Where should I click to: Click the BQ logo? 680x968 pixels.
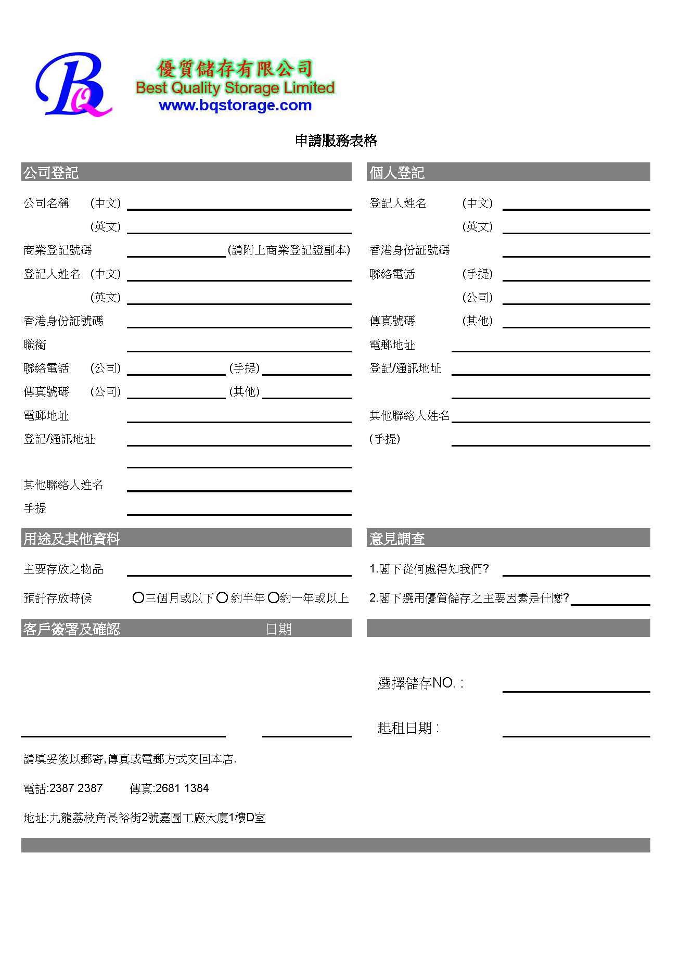click(73, 85)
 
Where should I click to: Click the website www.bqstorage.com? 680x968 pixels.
click(235, 105)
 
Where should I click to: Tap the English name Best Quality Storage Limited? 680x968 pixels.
click(235, 87)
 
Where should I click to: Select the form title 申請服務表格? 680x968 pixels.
click(336, 141)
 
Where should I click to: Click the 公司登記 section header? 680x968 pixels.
click(51, 172)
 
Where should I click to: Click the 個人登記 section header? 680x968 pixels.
click(397, 172)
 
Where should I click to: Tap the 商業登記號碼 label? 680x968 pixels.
click(58, 250)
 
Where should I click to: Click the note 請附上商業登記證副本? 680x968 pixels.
click(289, 250)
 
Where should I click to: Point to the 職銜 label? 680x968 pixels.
click(35, 345)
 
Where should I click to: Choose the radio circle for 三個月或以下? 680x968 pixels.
click(138, 598)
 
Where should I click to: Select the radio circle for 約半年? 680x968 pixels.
click(222, 598)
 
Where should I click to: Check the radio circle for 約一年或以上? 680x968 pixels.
click(274, 598)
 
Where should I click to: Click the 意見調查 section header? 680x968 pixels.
click(397, 539)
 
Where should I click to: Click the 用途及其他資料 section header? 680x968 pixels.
click(72, 539)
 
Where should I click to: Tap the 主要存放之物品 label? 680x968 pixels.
click(63, 569)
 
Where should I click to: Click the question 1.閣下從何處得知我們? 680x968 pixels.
click(429, 569)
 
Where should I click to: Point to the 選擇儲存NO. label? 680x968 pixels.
click(420, 683)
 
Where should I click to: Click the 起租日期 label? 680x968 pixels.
click(408, 728)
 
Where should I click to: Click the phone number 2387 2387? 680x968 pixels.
click(76, 788)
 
